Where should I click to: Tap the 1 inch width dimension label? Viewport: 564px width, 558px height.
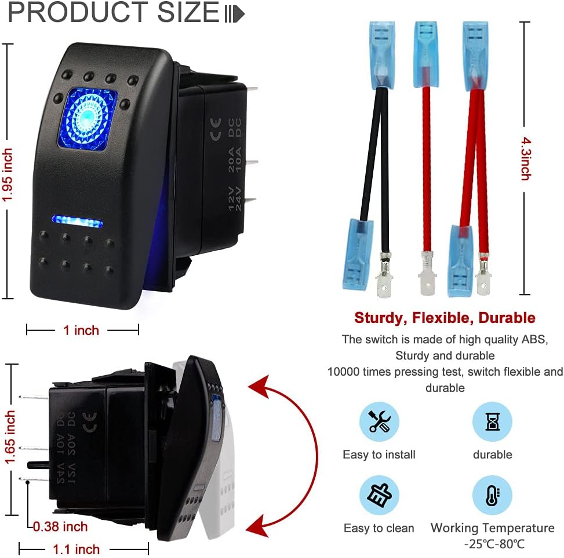pos(81,330)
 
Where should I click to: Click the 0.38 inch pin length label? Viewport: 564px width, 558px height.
pos(60,526)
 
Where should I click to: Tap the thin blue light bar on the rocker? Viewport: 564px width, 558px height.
pos(77,220)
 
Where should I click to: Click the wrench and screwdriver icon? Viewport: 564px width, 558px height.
pos(379,422)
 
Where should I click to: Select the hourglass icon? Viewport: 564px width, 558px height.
pos(492,422)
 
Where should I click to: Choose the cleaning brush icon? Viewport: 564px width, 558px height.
pos(379,495)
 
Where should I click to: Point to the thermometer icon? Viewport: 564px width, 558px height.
pos(492,495)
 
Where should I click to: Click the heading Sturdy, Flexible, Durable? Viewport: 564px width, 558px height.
pos(445,318)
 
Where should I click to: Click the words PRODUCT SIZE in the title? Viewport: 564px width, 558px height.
pos(113,13)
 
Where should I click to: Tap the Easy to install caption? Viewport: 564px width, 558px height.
pos(379,454)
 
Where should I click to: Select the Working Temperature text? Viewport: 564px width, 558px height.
pos(492,528)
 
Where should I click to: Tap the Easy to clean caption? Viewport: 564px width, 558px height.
pos(379,528)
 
